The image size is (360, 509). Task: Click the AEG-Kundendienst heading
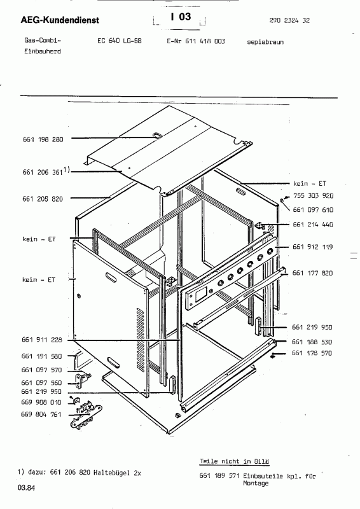(60, 20)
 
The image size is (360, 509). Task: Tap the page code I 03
(181, 17)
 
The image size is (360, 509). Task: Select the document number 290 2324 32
(289, 20)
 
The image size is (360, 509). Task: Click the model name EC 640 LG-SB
(119, 41)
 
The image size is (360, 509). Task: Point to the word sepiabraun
(265, 42)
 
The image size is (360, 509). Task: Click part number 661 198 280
(43, 139)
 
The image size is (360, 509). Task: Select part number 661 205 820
(43, 199)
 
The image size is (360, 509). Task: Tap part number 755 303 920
(313, 196)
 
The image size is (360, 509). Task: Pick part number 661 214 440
(312, 225)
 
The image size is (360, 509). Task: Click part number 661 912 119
(312, 247)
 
